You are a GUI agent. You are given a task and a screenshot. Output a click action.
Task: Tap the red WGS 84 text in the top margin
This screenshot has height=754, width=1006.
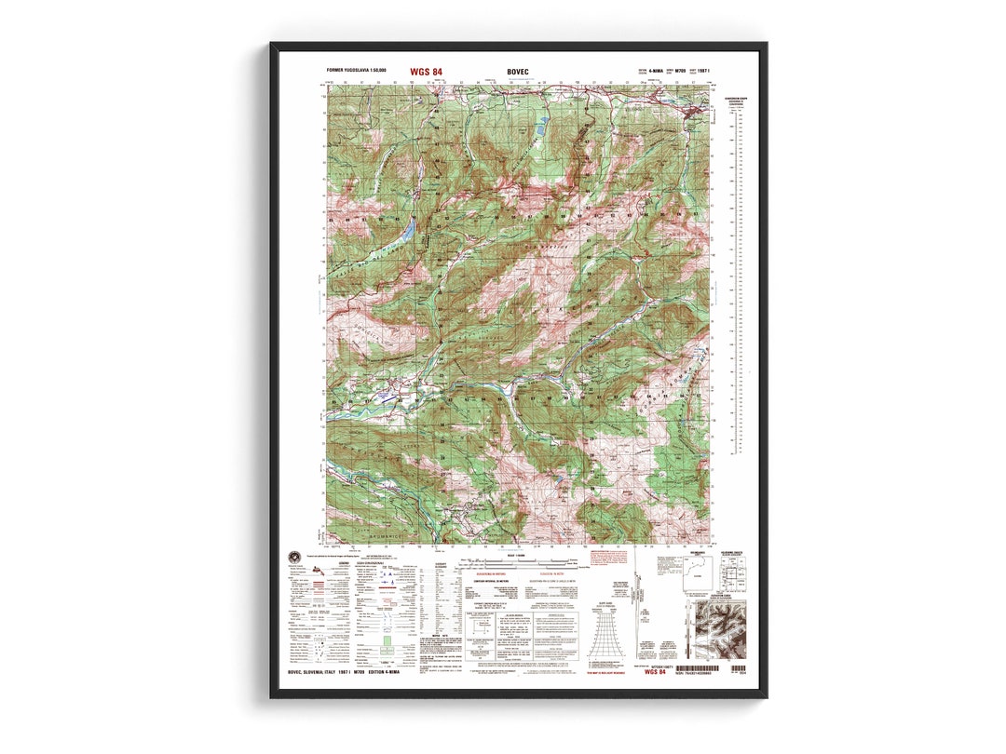(426, 71)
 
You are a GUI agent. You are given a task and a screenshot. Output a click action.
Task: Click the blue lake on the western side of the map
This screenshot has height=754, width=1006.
(407, 229)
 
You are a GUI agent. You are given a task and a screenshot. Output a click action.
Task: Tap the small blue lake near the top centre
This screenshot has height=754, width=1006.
(540, 127)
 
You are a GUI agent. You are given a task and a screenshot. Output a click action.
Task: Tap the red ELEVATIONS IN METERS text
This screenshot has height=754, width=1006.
(491, 574)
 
